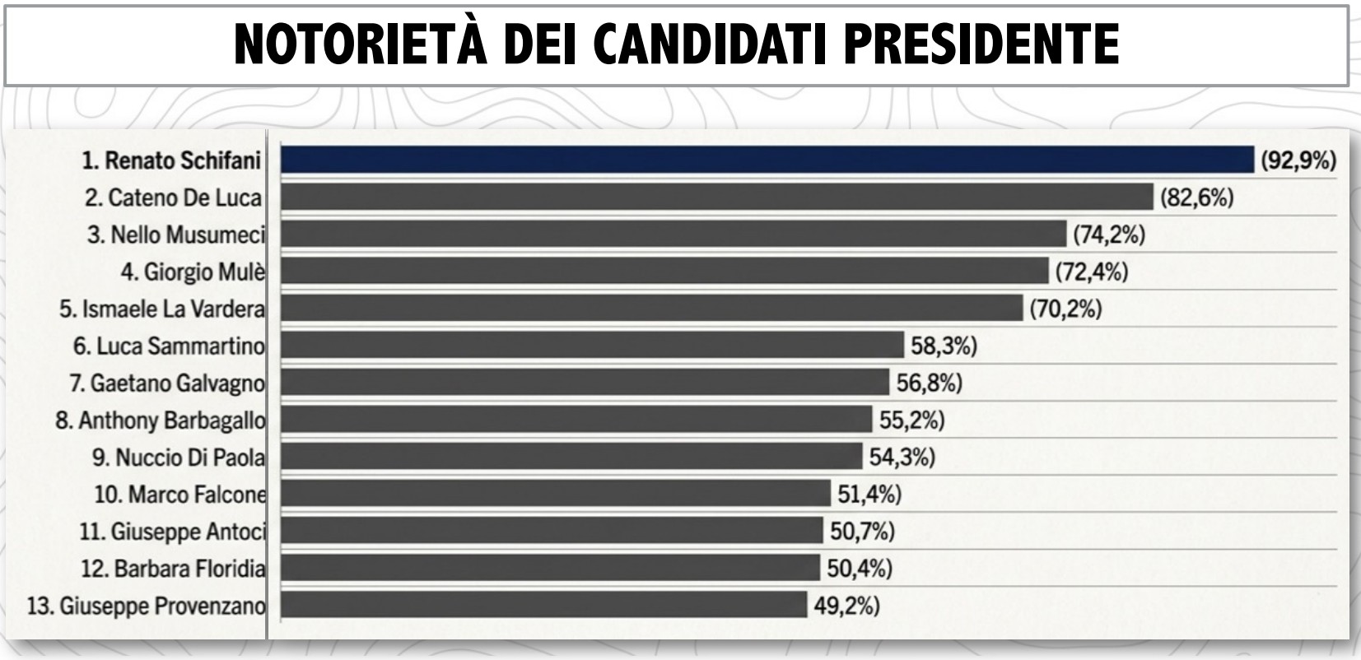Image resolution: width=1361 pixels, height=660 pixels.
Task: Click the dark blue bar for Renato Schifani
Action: coord(766,160)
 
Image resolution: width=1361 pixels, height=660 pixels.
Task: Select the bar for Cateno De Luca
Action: coord(716,198)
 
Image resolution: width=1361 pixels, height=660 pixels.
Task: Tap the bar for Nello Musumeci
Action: coord(673,235)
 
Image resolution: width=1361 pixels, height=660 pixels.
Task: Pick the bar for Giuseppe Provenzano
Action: coord(543,606)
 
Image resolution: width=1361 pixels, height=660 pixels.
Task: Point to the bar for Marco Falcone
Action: coord(555,494)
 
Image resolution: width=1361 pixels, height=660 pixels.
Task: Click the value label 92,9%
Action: coord(1298,160)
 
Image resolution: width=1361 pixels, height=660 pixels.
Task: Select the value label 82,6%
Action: coord(1196,198)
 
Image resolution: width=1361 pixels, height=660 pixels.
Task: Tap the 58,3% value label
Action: coord(944,346)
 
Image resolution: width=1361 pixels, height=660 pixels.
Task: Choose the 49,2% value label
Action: coord(846,607)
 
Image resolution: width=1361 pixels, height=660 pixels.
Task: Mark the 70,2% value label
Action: coord(1065,309)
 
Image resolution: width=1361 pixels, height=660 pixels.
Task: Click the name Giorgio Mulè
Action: coord(193,272)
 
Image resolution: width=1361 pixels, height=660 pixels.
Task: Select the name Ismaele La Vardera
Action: coord(162,309)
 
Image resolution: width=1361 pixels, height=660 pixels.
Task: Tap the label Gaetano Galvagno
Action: coord(167,383)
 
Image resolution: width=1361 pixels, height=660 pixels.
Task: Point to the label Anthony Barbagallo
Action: coord(161,421)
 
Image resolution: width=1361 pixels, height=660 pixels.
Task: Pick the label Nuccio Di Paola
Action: coord(179,458)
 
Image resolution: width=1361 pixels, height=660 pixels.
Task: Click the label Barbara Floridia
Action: coord(173,569)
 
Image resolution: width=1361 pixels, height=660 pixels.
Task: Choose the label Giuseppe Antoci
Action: coord(172,532)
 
